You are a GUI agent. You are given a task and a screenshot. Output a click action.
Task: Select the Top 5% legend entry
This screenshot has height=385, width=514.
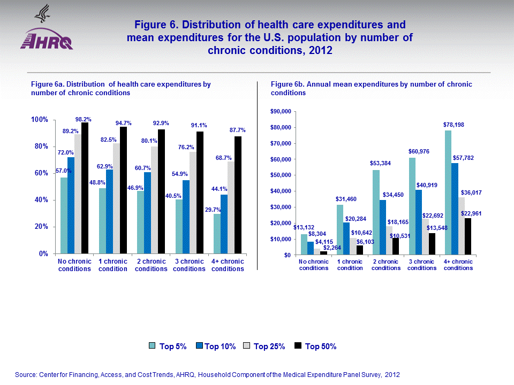click(168, 346)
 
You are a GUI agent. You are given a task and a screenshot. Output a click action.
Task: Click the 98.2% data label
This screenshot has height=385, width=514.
click(83, 119)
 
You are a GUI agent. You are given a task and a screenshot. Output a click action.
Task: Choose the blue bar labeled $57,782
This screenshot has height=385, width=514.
click(455, 209)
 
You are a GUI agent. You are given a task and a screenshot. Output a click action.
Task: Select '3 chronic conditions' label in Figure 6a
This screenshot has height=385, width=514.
click(189, 265)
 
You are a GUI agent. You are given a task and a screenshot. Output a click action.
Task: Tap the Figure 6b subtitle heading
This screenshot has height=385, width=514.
click(371, 88)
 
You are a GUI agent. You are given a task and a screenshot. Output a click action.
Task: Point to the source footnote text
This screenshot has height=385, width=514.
click(208, 375)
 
